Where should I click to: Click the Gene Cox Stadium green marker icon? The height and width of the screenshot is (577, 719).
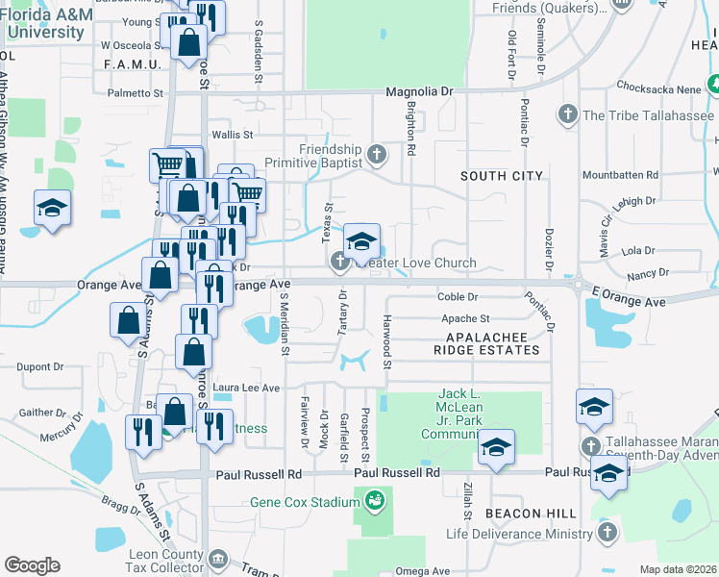(x=374, y=500)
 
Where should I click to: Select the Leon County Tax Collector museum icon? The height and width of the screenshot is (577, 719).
(x=218, y=559)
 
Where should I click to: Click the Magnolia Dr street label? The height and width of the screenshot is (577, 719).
(x=418, y=91)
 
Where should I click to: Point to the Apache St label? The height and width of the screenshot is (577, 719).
(x=465, y=317)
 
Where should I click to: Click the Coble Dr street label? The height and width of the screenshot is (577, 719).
(x=458, y=296)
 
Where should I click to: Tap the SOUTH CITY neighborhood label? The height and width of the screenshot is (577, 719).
(x=501, y=176)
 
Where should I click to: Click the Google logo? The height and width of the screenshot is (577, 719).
(x=32, y=564)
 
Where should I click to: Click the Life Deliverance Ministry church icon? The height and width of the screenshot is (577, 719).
(x=606, y=532)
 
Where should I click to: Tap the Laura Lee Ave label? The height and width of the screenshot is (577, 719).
(x=245, y=388)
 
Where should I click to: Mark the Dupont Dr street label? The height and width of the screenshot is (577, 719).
(x=39, y=366)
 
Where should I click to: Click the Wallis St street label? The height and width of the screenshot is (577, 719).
(x=232, y=135)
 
